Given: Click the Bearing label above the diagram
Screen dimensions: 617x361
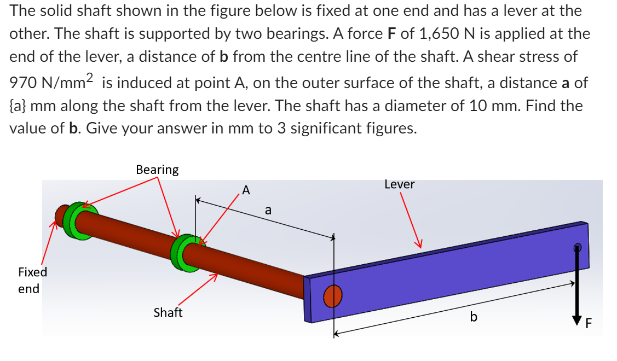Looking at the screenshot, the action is [157, 170].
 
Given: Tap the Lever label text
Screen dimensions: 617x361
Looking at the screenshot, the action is [399, 185].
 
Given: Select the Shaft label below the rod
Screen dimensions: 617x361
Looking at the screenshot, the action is [168, 313].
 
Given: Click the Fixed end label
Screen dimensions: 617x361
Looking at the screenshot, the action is [32, 280].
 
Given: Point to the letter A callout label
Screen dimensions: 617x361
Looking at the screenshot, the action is [246, 190].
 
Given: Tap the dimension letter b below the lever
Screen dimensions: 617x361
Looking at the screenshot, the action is [474, 317].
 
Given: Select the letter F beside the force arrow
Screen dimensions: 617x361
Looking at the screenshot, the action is [589, 324].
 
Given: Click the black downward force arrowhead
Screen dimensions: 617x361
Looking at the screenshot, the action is [576, 318].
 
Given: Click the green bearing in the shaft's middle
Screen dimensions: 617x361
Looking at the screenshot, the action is [184, 253].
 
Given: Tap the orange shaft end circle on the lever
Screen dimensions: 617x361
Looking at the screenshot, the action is [332, 297].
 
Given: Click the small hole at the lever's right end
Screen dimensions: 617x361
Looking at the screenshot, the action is [576, 247].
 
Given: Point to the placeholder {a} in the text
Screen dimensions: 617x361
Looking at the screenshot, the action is [20, 106].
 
